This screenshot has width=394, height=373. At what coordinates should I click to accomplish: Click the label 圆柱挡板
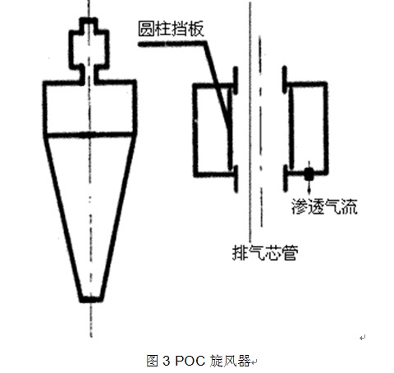171,29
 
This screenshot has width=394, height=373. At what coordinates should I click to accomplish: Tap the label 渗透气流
324,207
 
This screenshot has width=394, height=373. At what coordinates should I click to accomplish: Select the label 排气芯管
265,252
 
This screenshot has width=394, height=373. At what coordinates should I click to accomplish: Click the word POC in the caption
190,361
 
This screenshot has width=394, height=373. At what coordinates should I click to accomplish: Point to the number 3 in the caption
166,361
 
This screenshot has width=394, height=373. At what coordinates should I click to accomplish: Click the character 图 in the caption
153,361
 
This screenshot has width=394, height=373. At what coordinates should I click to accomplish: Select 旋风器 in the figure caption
231,361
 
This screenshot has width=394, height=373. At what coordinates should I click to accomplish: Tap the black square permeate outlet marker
309,174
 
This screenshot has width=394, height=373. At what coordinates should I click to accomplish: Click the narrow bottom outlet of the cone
91,299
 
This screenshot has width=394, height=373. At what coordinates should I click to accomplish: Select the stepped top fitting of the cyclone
89,51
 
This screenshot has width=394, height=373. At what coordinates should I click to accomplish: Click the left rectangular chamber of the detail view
212,130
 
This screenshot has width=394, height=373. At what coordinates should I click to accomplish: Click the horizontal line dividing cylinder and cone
89,134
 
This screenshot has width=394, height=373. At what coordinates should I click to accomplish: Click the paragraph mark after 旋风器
254,362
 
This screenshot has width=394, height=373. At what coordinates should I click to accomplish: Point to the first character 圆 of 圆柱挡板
146,29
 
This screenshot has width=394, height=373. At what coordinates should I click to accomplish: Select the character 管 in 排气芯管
290,252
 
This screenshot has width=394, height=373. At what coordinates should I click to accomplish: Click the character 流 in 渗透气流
350,207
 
